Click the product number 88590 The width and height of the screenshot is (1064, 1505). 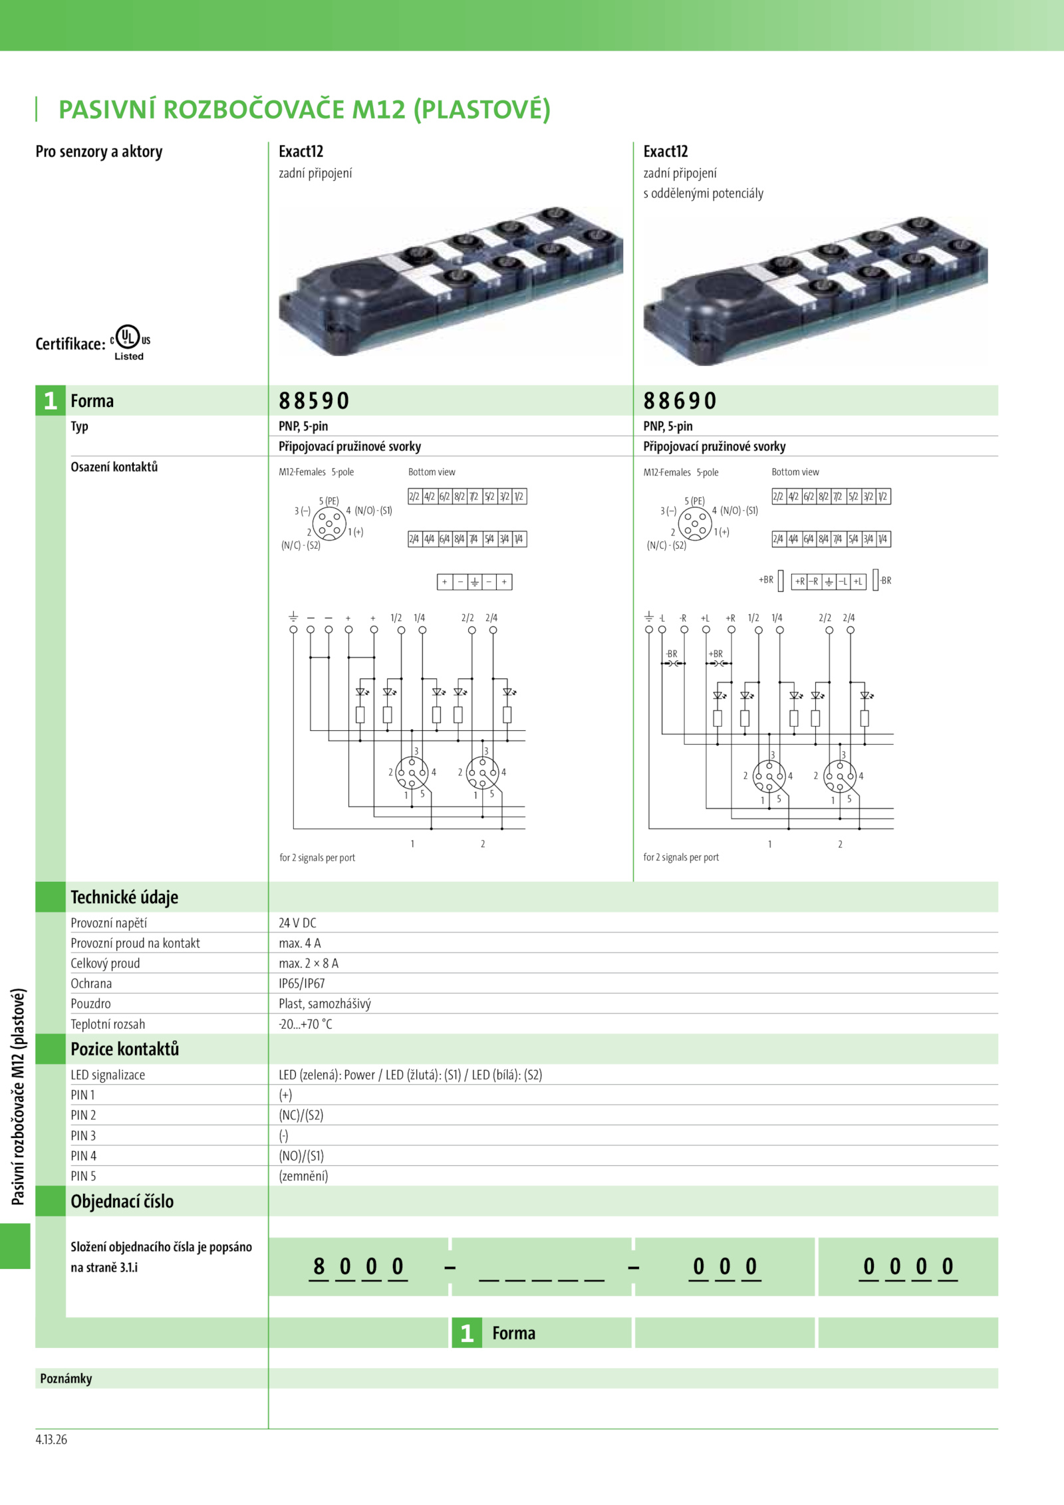(314, 401)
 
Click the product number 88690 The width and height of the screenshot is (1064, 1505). (680, 401)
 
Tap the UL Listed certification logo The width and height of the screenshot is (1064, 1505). (129, 342)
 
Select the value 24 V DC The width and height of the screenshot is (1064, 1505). (297, 923)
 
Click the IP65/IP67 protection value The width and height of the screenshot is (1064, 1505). (302, 984)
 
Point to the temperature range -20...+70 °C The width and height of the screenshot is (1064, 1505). (305, 1024)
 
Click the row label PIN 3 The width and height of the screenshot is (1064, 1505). (83, 1136)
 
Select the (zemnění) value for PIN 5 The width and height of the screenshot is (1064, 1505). (303, 1176)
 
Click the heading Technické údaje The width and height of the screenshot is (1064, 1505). (124, 897)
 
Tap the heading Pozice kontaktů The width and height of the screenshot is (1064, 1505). (125, 1049)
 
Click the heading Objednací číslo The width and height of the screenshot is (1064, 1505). (122, 1202)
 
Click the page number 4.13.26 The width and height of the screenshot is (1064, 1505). (51, 1440)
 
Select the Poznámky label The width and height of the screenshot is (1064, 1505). (66, 1379)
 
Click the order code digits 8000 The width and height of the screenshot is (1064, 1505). (358, 1267)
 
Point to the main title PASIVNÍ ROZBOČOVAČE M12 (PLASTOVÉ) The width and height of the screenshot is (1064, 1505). (305, 110)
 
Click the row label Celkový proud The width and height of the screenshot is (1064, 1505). (105, 964)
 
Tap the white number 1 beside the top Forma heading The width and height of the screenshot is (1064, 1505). (51, 401)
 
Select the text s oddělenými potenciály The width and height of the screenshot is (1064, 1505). (703, 194)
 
